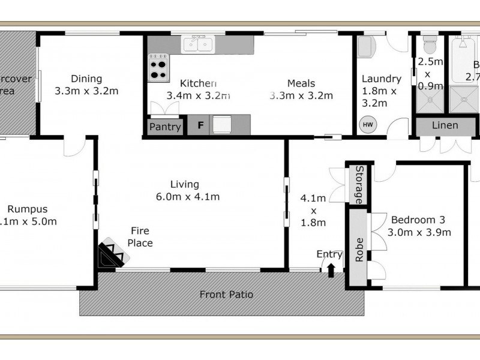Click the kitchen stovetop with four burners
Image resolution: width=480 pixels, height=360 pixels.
tap(158, 67)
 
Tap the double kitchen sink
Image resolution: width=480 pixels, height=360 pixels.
tap(197, 44)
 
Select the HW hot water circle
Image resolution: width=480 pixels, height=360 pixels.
tap(367, 125)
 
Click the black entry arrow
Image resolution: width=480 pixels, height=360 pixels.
tap(331, 271)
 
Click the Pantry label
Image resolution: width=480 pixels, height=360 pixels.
tap(164, 127)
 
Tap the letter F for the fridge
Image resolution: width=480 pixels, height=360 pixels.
tap(200, 126)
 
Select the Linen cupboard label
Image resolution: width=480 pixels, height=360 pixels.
tap(445, 125)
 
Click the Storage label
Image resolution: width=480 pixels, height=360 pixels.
tap(357, 185)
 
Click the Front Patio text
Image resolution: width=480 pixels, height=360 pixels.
tap(226, 295)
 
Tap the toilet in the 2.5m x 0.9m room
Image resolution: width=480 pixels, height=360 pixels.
tap(430, 44)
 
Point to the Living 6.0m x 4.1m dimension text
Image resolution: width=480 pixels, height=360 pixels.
tap(185, 197)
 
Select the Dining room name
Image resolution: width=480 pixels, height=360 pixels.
tap(86, 79)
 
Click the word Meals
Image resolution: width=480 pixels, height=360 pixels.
tap(301, 83)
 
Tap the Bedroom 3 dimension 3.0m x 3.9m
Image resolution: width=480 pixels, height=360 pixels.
tap(419, 232)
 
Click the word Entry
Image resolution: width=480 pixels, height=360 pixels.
tap(329, 254)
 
